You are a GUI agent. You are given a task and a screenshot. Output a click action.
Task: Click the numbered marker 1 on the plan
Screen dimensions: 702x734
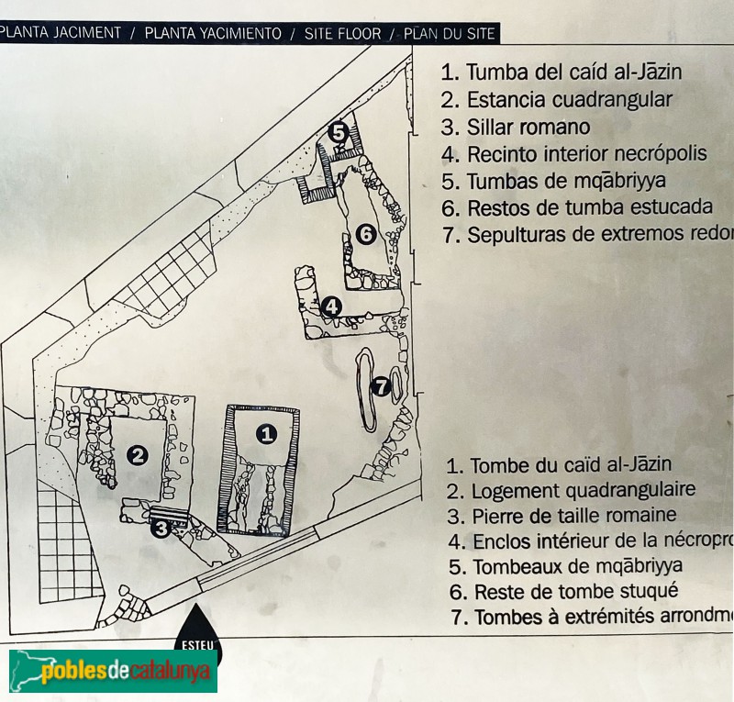click(x=266, y=433)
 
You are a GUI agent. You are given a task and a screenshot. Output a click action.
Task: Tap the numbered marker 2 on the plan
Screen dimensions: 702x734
click(x=138, y=454)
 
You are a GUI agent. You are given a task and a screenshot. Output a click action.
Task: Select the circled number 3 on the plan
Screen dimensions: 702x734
click(x=161, y=528)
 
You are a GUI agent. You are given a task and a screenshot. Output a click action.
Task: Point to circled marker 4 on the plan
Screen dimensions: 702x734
click(x=331, y=306)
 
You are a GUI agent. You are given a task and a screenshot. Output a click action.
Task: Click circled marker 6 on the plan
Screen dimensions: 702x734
click(x=365, y=235)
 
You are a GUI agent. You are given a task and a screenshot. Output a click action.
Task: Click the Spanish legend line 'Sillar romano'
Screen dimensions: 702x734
click(x=516, y=127)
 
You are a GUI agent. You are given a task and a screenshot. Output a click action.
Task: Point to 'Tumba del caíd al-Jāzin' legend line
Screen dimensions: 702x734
click(x=562, y=72)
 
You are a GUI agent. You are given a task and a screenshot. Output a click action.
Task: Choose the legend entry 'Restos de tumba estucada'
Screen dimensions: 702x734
click(x=576, y=207)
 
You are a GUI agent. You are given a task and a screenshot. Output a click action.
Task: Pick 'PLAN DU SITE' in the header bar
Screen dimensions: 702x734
click(x=450, y=34)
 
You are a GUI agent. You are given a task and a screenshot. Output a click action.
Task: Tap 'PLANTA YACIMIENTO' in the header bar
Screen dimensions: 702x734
click(x=213, y=34)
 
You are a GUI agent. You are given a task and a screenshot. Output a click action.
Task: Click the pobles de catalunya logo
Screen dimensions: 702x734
click(x=112, y=672)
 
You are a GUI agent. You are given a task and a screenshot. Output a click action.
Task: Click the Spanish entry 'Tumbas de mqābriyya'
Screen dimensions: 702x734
click(x=565, y=181)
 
